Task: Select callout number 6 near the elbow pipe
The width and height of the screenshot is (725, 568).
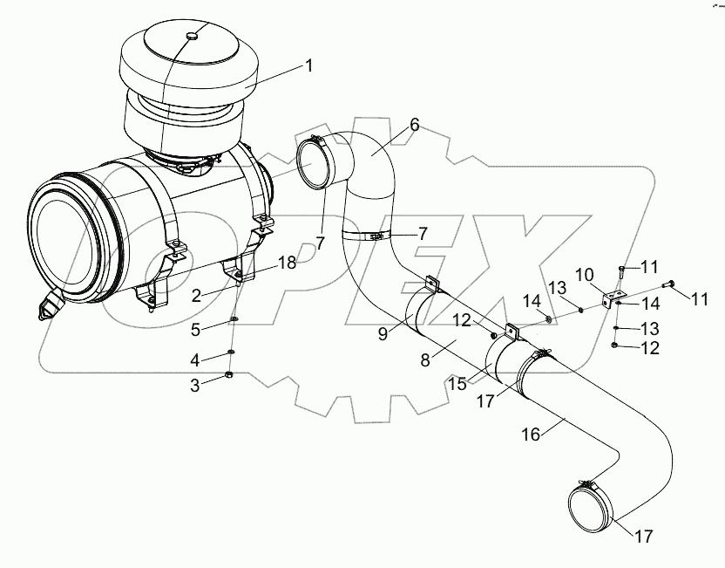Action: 414,125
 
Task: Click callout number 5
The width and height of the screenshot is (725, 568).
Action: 196,329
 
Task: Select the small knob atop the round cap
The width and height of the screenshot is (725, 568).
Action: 193,36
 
